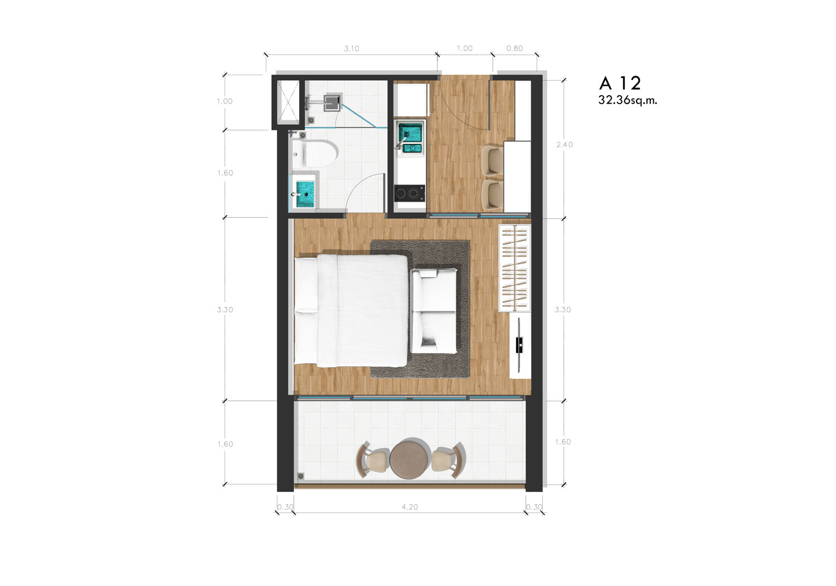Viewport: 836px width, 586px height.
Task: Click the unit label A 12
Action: (x=620, y=83)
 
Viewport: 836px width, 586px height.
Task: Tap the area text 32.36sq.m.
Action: (x=628, y=100)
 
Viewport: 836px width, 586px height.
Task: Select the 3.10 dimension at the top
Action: (x=352, y=48)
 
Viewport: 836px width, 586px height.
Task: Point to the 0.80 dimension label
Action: (x=514, y=48)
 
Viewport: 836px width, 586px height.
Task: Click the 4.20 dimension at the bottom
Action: (x=410, y=507)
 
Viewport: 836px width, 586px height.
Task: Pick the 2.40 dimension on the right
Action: (x=564, y=145)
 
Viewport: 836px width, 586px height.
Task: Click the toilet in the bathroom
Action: (x=315, y=153)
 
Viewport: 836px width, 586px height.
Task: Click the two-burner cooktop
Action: (x=410, y=193)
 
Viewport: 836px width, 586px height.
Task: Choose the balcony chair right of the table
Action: (x=449, y=460)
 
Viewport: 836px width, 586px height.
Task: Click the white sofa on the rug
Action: (x=434, y=311)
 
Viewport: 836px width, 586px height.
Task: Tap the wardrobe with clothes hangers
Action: (x=514, y=268)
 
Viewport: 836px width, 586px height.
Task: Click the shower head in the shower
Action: (x=332, y=101)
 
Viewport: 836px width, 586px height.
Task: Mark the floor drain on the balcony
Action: (x=300, y=476)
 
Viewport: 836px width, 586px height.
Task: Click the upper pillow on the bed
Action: (x=306, y=284)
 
